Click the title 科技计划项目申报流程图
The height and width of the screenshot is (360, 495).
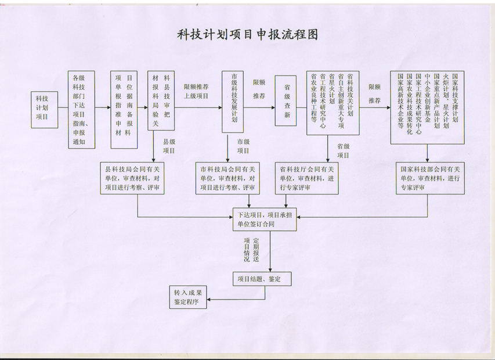(x=247, y=35)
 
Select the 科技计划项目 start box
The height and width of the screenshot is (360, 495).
(x=46, y=108)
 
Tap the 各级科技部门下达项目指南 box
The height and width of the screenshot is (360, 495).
(x=82, y=109)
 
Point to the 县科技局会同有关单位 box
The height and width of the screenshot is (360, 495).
(x=137, y=179)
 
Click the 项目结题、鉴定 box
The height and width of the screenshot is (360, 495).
(x=262, y=279)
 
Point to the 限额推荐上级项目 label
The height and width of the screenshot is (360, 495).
(x=196, y=91)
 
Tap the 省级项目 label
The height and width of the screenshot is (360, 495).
(x=344, y=150)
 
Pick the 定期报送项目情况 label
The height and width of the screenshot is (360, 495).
(x=252, y=250)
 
